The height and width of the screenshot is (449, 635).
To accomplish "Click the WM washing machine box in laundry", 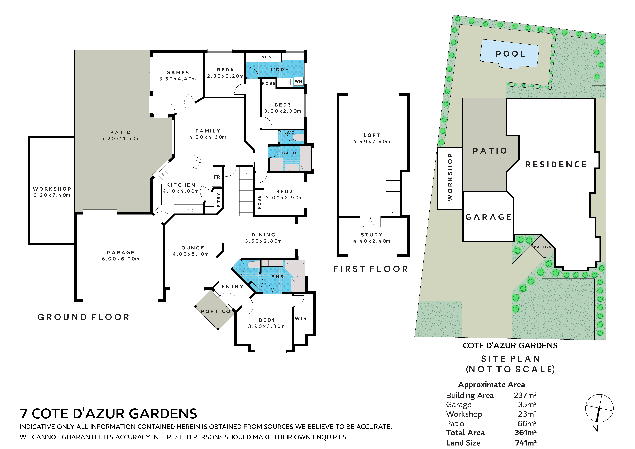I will (298, 81).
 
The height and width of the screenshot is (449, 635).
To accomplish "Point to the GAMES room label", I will (178, 73).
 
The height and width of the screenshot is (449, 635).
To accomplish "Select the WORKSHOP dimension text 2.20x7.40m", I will (52, 195).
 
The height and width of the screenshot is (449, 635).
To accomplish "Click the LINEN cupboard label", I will (264, 57).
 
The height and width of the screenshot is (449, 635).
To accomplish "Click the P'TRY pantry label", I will (218, 200).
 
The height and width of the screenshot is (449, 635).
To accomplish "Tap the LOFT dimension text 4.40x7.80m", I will (372, 141).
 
